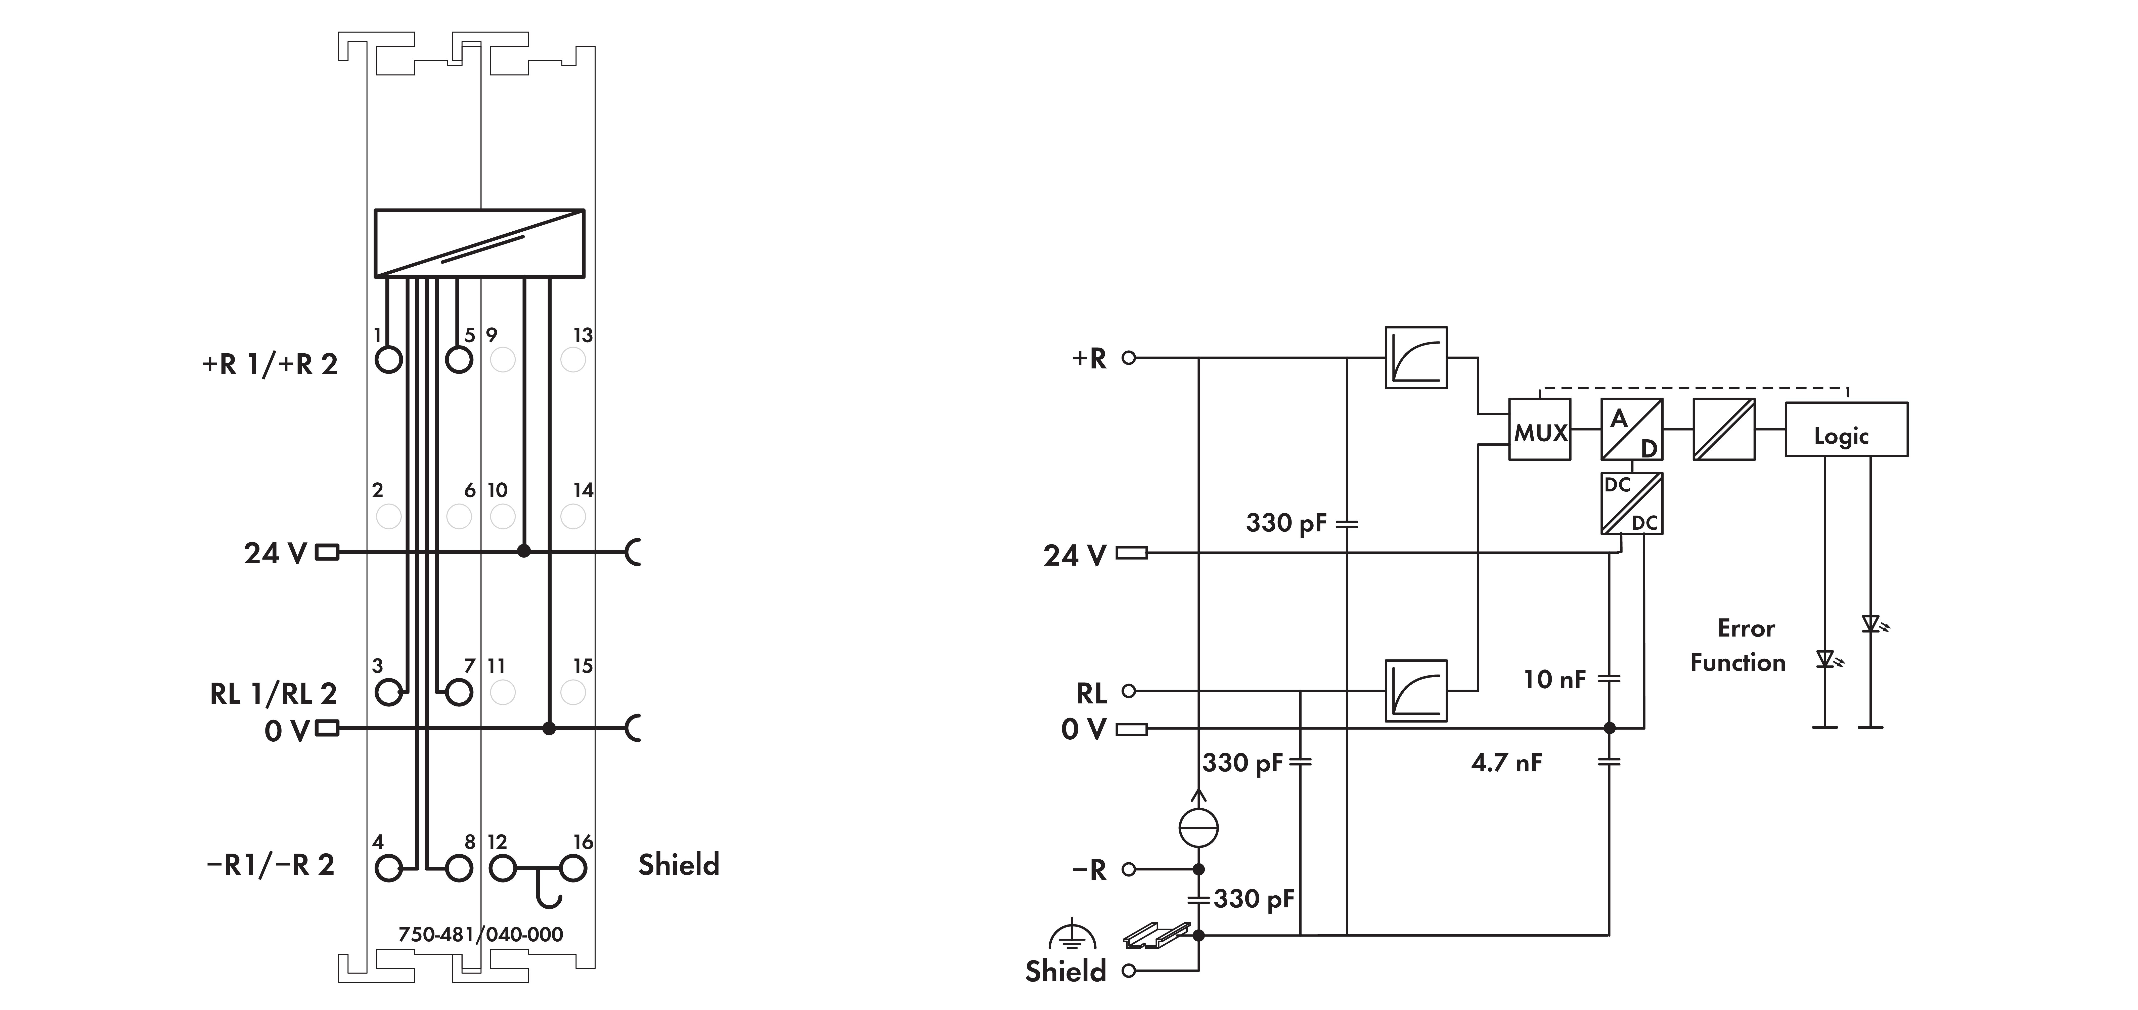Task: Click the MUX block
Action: pos(1540,430)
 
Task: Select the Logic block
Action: pos(1847,429)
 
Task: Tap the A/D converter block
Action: pos(1632,430)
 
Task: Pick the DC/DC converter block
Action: pos(1632,503)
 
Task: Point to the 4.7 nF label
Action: pos(1506,763)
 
